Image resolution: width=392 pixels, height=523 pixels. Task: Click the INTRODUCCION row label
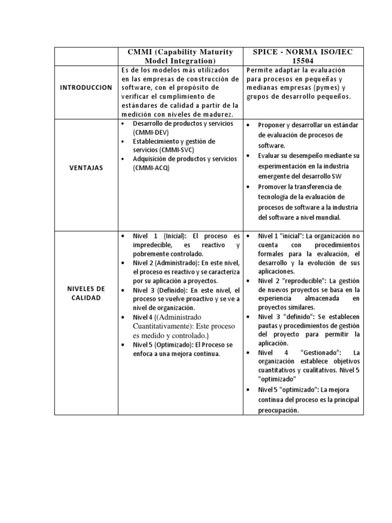click(x=86, y=88)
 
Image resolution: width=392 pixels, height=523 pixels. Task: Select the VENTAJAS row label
click(x=86, y=168)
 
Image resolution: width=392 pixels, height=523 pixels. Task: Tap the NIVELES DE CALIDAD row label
click(x=86, y=294)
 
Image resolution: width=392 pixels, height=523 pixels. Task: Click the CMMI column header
click(x=181, y=56)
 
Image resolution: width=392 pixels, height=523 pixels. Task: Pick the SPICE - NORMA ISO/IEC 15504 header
click(x=304, y=56)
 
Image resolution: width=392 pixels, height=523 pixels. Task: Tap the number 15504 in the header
click(x=304, y=60)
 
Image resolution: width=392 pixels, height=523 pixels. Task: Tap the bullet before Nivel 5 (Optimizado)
click(x=123, y=345)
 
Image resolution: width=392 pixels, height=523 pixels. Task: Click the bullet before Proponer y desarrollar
click(x=249, y=125)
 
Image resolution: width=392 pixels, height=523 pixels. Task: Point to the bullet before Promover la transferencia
click(x=249, y=186)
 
